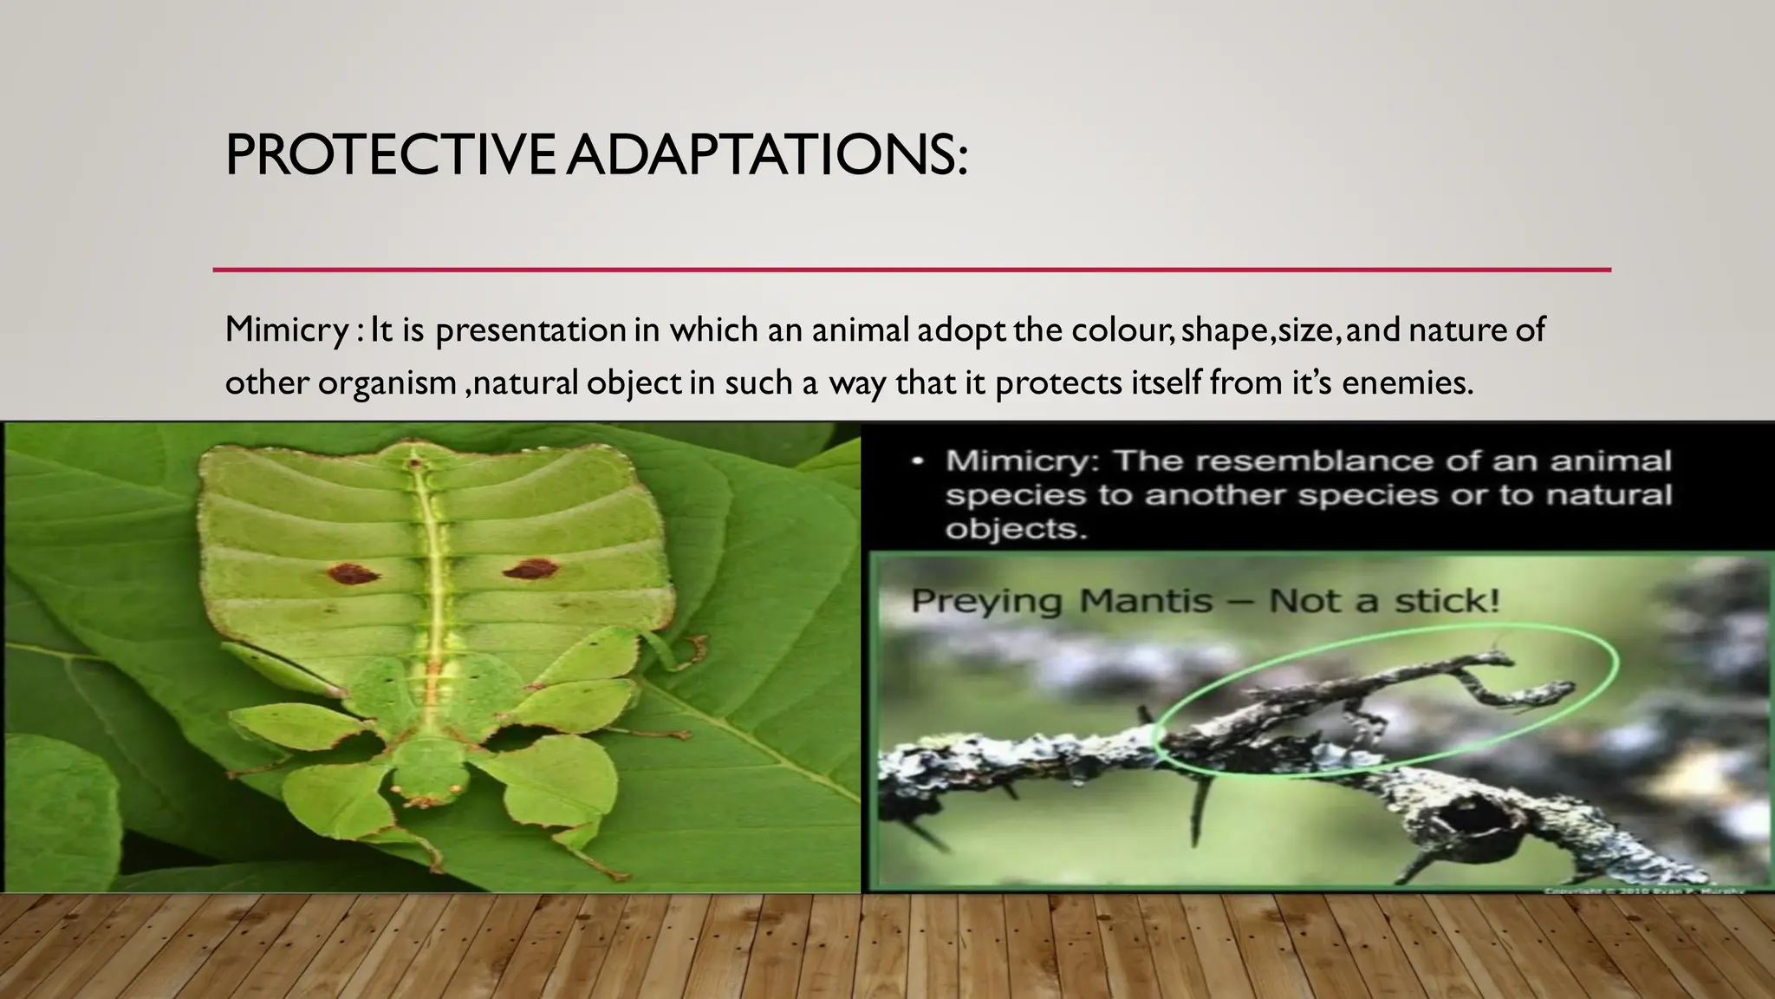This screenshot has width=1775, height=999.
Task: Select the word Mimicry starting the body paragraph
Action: [x=286, y=330]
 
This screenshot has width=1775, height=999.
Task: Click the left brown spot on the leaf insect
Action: [x=353, y=573]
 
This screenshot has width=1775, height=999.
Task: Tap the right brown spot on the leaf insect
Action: [x=530, y=570]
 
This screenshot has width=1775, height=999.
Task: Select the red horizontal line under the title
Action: [x=910, y=270]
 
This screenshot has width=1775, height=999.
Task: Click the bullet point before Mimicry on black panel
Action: [x=917, y=461]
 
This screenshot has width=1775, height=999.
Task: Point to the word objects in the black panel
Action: [x=1014, y=528]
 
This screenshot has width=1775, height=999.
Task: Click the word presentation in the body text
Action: [x=530, y=330]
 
